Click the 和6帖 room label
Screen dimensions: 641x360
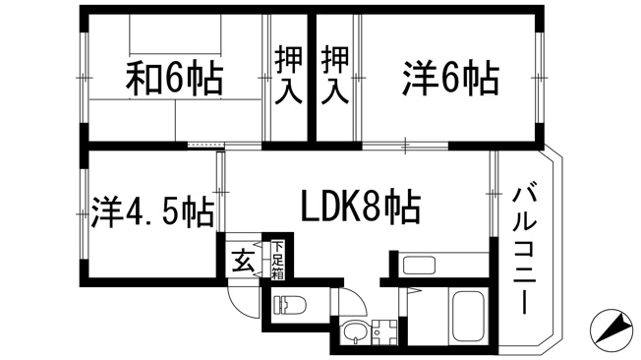[175, 78]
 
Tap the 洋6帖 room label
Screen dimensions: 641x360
[451, 78]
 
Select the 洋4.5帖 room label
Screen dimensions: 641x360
[152, 212]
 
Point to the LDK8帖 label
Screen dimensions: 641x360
[361, 207]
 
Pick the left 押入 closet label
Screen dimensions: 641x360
[288, 75]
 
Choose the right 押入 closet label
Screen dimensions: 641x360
[335, 75]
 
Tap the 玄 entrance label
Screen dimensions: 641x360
[243, 261]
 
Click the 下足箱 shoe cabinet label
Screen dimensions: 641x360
[278, 261]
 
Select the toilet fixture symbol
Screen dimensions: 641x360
[290, 305]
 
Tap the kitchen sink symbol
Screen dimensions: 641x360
[419, 266]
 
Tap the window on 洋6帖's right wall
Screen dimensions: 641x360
[539, 78]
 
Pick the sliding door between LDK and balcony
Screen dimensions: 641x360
[494, 194]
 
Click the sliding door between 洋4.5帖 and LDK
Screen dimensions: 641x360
[221, 192]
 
